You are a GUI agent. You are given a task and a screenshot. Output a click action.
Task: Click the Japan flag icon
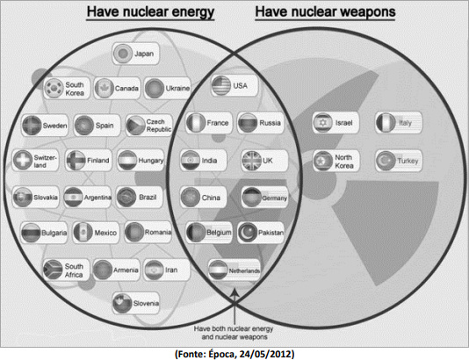123,54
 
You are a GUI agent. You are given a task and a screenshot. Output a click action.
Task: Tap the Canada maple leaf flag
105,88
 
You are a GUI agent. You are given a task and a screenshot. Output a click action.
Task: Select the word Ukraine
177,88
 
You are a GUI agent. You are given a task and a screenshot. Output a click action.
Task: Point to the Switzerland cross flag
23,160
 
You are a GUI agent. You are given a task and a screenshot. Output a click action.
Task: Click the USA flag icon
221,85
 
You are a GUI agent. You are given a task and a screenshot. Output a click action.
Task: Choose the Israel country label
344,123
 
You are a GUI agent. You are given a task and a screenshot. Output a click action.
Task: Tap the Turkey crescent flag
386,161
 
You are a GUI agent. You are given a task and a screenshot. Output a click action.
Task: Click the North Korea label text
344,162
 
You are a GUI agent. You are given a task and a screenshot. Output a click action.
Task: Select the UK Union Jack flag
251,161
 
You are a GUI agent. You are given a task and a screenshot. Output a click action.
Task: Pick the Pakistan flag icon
248,233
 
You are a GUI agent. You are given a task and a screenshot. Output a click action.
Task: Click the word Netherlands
244,271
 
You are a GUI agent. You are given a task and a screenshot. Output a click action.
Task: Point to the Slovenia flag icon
122,303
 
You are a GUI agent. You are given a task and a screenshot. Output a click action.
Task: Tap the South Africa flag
53,270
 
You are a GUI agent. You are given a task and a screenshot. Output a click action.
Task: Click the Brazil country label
148,198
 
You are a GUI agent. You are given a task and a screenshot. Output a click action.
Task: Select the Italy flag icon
386,122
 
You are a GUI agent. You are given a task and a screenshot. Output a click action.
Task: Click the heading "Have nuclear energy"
150,12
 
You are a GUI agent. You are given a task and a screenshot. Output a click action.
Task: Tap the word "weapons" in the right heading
368,12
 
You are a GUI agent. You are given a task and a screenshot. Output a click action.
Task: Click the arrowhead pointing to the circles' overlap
235,292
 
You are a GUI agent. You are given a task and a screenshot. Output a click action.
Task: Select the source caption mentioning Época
234,354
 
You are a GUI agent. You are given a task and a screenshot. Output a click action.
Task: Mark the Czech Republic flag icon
135,126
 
